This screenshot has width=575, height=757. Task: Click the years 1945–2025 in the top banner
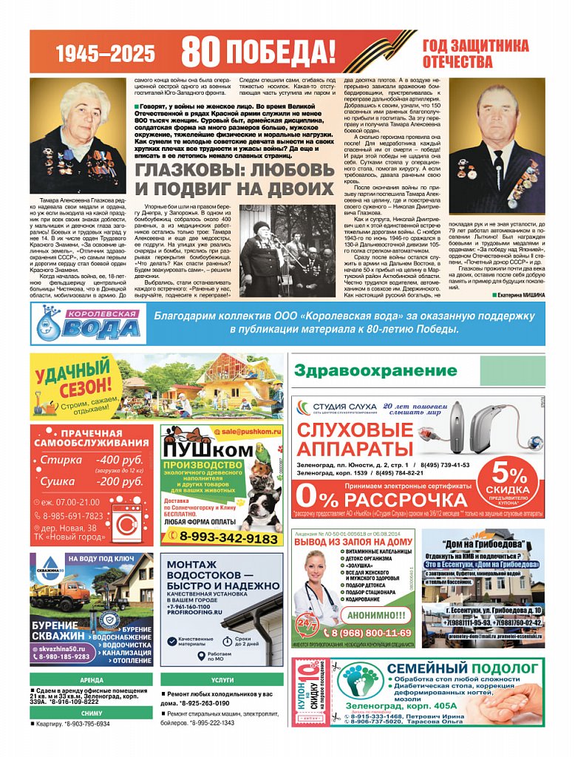click(106, 53)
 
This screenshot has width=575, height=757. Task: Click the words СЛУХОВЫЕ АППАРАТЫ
click(354, 439)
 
